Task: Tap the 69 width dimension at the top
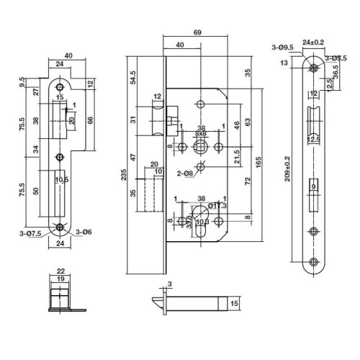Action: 197,33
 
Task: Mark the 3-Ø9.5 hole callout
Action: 282,49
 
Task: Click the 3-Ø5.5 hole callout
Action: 337,57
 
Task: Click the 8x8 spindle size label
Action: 202,134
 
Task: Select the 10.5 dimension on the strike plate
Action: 61,179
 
